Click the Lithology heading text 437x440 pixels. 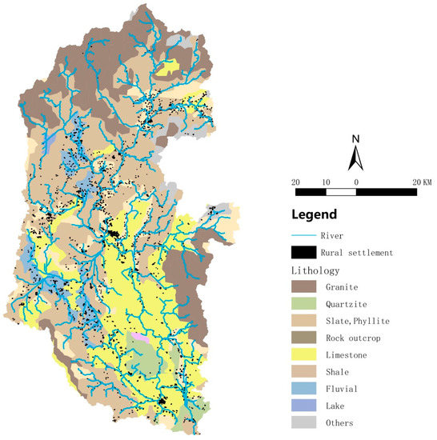click(317, 270)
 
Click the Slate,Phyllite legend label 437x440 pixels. click(358, 320)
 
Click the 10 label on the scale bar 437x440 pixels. click(326, 182)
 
